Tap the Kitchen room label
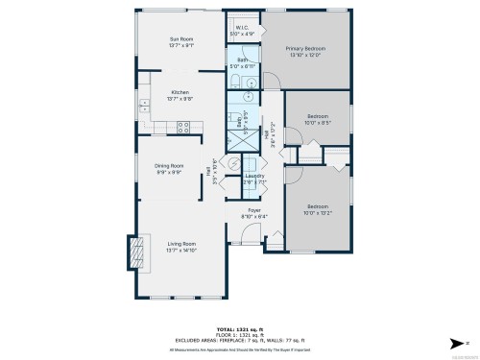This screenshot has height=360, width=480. pos(180,92)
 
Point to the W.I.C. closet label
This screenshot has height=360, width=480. pos(244,28)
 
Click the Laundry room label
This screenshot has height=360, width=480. pos(254,176)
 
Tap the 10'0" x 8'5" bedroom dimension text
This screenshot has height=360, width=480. pos(317,123)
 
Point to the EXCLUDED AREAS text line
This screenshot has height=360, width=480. pos(239,340)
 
